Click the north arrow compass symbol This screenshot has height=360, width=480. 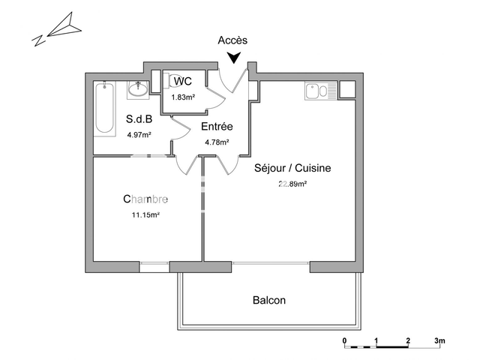[57, 30]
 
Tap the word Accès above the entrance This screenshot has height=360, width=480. [232, 40]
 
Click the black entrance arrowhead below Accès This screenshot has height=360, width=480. [235, 58]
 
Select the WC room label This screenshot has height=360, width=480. [182, 82]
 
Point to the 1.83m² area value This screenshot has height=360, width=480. [184, 97]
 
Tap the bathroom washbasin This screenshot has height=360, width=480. [138, 89]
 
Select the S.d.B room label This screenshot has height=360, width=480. [139, 119]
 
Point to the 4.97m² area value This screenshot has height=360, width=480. [139, 135]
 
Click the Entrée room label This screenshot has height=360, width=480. [217, 127]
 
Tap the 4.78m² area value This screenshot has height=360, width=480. [217, 142]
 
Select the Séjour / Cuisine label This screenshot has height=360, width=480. [292, 168]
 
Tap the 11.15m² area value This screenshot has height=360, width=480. [145, 214]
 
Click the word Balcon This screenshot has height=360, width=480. [268, 300]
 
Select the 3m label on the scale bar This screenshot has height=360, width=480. [439, 341]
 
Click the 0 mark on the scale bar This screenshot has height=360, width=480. [345, 341]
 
